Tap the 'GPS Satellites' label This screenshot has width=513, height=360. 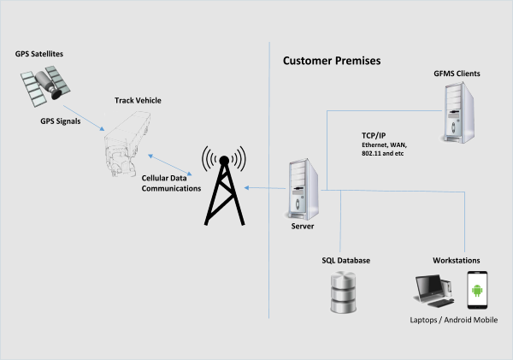39,55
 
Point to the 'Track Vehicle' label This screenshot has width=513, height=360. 138,101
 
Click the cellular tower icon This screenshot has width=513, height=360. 221,186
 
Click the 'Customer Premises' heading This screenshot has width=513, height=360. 332,62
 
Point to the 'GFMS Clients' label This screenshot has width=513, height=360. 457,74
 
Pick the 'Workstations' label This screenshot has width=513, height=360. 457,259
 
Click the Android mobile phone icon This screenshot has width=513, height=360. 477,290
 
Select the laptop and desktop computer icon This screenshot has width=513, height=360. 436,292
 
